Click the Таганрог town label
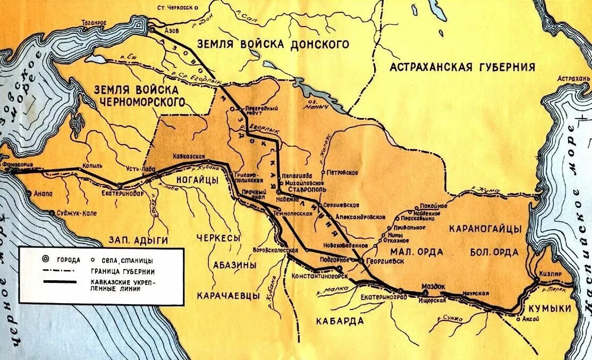tap(94, 23)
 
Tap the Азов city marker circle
tap(152, 30)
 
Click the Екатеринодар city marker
tap(120, 186)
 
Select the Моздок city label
tap(433, 286)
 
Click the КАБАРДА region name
tap(339, 321)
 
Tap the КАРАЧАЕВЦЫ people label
tap(229, 295)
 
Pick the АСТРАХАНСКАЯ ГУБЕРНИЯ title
tap(462, 66)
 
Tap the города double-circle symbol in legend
tap(45, 259)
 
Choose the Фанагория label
tap(19, 165)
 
